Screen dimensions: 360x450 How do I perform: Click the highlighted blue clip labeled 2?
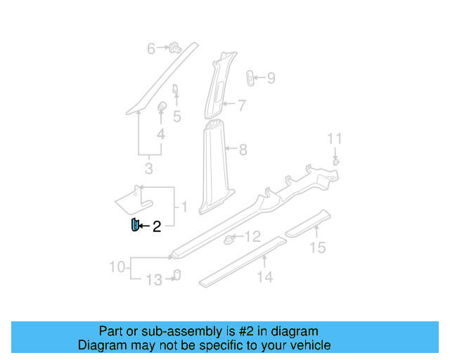(132, 225)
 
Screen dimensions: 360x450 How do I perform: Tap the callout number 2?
(157, 226)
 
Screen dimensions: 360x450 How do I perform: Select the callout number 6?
(150, 49)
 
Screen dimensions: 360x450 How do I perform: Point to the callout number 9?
(271, 78)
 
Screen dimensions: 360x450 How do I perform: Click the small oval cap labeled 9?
(250, 78)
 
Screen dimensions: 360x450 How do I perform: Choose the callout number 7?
(241, 106)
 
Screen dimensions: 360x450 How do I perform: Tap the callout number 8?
(243, 149)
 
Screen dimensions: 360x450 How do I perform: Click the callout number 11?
(335, 138)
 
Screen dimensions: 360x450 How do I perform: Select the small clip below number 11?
(336, 162)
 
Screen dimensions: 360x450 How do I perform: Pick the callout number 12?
(252, 236)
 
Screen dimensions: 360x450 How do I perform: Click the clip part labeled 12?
(229, 240)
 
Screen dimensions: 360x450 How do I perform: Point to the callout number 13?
(153, 281)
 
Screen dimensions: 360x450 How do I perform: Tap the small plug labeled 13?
(176, 275)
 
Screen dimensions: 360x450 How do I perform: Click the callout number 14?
(264, 277)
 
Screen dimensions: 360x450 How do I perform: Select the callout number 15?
(318, 247)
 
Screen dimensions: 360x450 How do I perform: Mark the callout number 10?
(117, 267)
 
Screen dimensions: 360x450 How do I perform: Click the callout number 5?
(176, 116)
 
